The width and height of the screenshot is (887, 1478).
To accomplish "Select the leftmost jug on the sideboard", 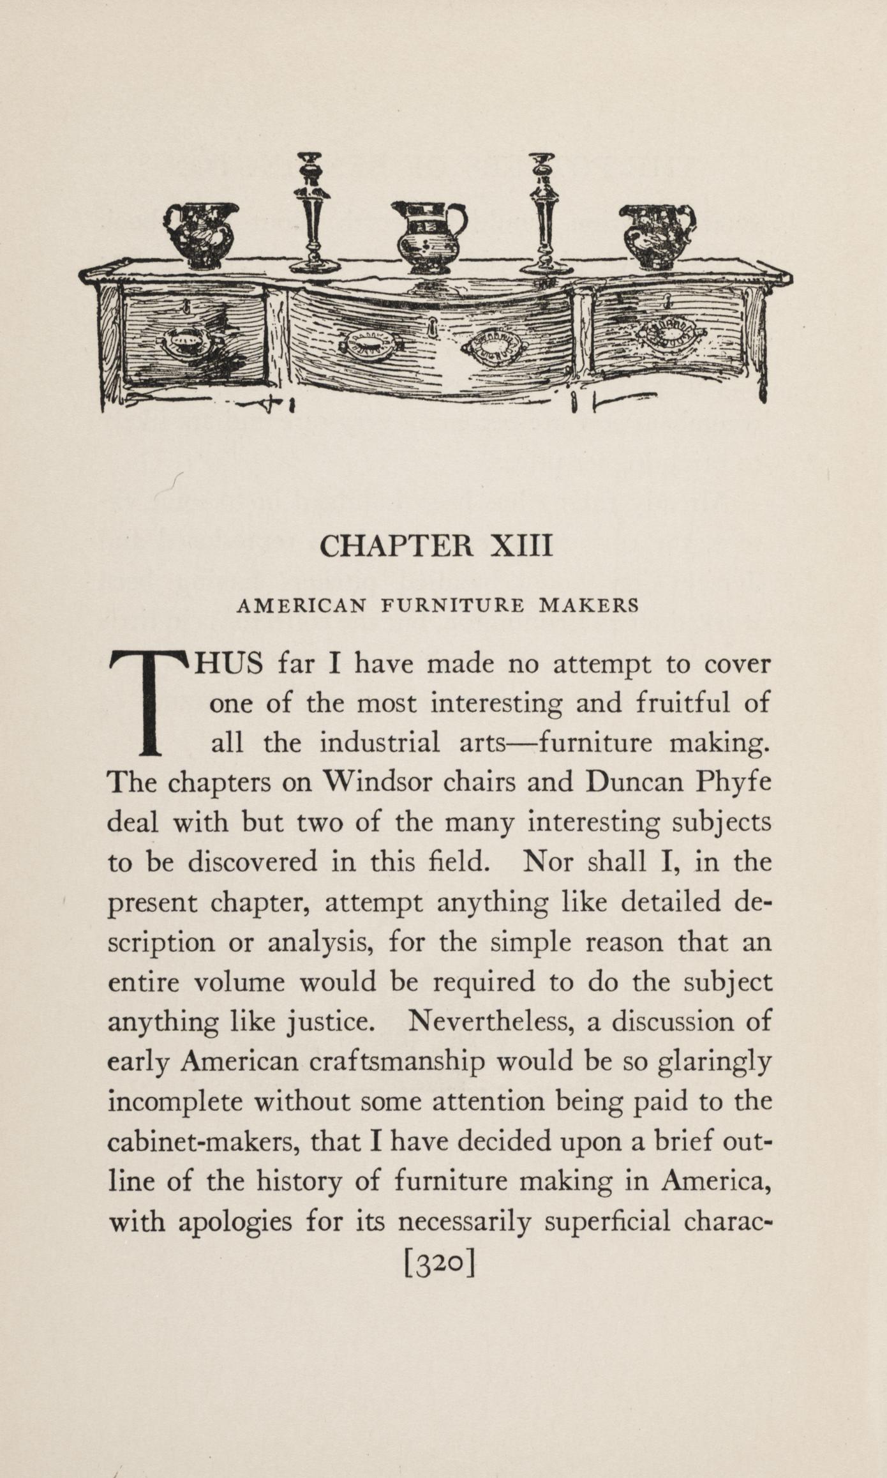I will coord(200,235).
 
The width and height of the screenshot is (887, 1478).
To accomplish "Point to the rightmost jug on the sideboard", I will coord(657,235).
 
